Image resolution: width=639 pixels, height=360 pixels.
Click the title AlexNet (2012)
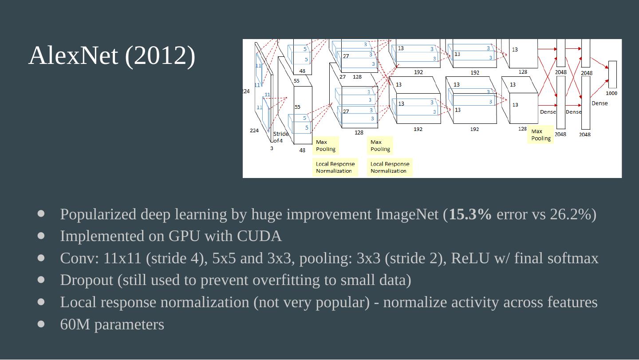point(112,56)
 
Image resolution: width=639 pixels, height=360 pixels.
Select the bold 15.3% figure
point(470,214)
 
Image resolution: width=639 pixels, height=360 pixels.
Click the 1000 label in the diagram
point(611,93)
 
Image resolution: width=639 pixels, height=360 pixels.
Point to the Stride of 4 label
point(280,137)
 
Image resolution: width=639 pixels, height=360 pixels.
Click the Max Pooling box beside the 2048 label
point(541,135)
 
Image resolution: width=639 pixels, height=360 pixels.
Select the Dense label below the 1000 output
point(600,103)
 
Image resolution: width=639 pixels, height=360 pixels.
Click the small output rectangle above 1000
point(612,75)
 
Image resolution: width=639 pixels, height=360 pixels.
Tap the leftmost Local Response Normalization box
point(335,167)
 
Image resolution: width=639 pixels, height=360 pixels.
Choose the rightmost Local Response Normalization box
point(390,167)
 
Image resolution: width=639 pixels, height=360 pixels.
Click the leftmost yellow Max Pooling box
point(326,146)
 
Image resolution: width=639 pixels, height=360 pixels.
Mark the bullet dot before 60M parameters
point(41,324)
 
